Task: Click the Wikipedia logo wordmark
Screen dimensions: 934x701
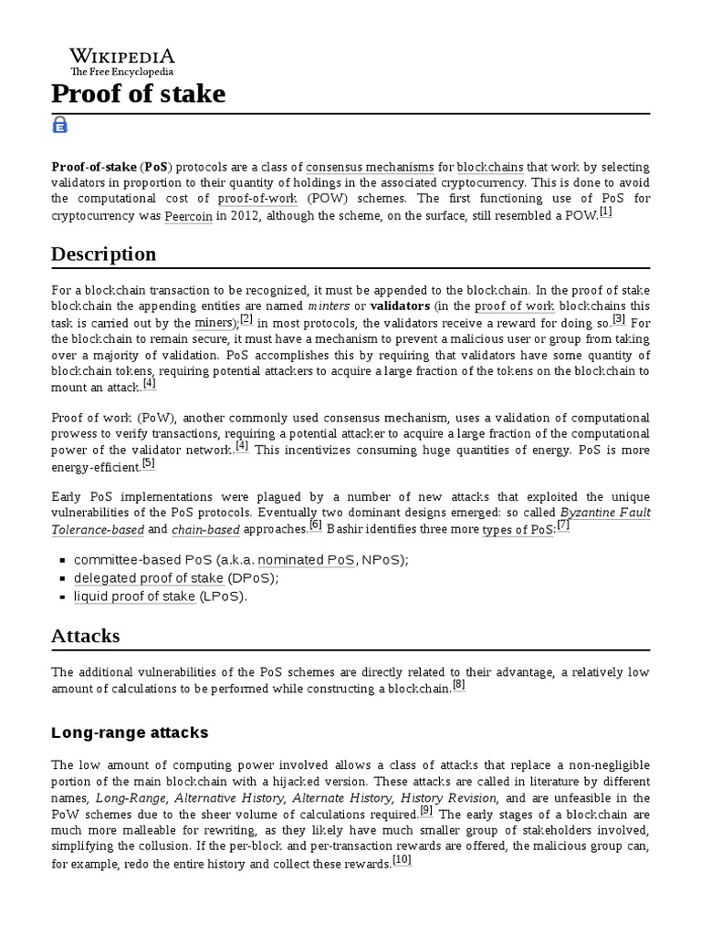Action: click(x=122, y=57)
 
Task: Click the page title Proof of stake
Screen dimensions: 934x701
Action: click(x=138, y=93)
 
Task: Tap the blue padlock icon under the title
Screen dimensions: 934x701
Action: click(x=60, y=126)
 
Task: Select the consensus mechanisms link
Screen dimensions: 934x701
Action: click(x=370, y=168)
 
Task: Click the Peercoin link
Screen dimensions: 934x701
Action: click(x=188, y=217)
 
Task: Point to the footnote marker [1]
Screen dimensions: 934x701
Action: click(x=605, y=213)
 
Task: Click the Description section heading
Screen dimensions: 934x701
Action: click(x=103, y=254)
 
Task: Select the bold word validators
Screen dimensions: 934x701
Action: click(x=400, y=306)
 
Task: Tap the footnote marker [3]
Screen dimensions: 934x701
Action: click(x=618, y=318)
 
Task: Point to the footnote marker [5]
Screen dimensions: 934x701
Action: click(x=148, y=462)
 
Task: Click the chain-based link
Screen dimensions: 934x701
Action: click(x=206, y=530)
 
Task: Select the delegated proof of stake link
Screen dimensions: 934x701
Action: click(x=149, y=578)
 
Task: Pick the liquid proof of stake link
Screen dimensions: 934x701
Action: click(x=134, y=597)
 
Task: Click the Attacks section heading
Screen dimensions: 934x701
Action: click(x=85, y=635)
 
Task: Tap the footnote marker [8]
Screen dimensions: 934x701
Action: click(x=458, y=685)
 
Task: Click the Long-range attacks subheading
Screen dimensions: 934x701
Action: click(x=131, y=732)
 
